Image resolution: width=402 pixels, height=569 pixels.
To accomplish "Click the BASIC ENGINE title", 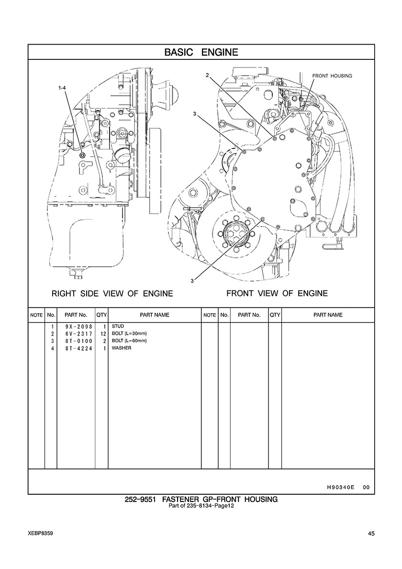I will (201, 52).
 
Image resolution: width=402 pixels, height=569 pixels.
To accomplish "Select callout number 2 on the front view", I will (207, 75).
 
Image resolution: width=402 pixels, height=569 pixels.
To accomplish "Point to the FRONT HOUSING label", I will (332, 76).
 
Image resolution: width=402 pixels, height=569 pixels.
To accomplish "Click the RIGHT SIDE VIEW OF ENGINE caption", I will (112, 293).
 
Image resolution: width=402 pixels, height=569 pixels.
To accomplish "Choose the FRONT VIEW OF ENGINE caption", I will (277, 293).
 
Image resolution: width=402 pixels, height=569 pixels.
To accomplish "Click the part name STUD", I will (118, 327).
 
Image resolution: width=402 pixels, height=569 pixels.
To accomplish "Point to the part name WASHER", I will (122, 348).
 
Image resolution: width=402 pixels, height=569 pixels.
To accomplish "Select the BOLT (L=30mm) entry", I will (129, 334).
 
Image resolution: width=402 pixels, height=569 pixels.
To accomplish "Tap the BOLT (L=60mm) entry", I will (129, 341).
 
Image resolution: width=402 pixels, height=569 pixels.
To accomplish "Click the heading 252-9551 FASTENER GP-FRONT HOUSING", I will (201, 500).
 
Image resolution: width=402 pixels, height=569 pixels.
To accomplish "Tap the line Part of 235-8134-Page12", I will (201, 507).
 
